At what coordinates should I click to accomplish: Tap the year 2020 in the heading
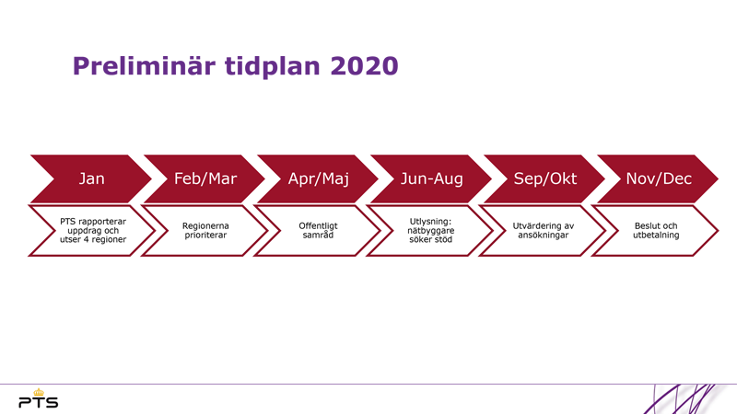(364, 65)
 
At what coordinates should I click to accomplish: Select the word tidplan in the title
(272, 66)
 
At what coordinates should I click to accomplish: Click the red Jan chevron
(91, 178)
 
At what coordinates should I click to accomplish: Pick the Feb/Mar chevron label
(205, 178)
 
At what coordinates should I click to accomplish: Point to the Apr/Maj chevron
(318, 178)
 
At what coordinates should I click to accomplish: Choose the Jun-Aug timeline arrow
(431, 178)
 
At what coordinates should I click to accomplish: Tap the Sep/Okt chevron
(544, 178)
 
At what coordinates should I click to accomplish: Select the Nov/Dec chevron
(658, 178)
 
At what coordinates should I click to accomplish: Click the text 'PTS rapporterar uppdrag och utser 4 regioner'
(93, 231)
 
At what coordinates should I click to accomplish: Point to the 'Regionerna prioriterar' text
(205, 231)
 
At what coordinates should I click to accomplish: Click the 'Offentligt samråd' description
(318, 231)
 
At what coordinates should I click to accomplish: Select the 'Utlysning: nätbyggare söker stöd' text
(431, 231)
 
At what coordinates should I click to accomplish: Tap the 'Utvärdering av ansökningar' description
(544, 231)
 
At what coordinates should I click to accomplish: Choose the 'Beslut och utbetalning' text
(656, 231)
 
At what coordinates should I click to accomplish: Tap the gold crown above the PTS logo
(38, 392)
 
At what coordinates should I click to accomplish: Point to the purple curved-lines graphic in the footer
(686, 399)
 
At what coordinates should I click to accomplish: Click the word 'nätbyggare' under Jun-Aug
(431, 231)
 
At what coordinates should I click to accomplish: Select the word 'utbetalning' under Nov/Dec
(656, 236)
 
